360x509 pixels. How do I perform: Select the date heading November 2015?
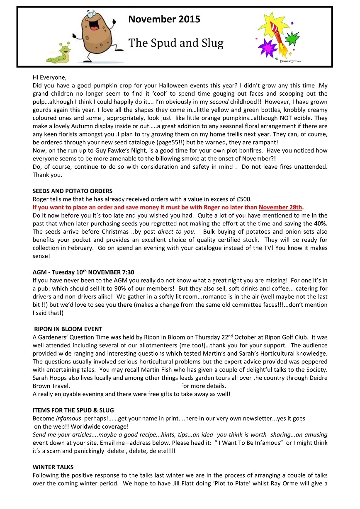(164, 19)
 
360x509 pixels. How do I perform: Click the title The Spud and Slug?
(176, 43)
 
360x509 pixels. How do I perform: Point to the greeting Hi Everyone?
(50, 77)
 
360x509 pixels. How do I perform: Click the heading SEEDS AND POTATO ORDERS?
(73, 191)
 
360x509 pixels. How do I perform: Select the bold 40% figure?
(321, 223)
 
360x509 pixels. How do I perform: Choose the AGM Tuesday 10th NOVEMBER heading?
(83, 272)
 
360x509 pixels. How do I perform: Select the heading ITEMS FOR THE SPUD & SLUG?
(73, 410)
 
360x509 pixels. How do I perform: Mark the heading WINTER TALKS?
(53, 467)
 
